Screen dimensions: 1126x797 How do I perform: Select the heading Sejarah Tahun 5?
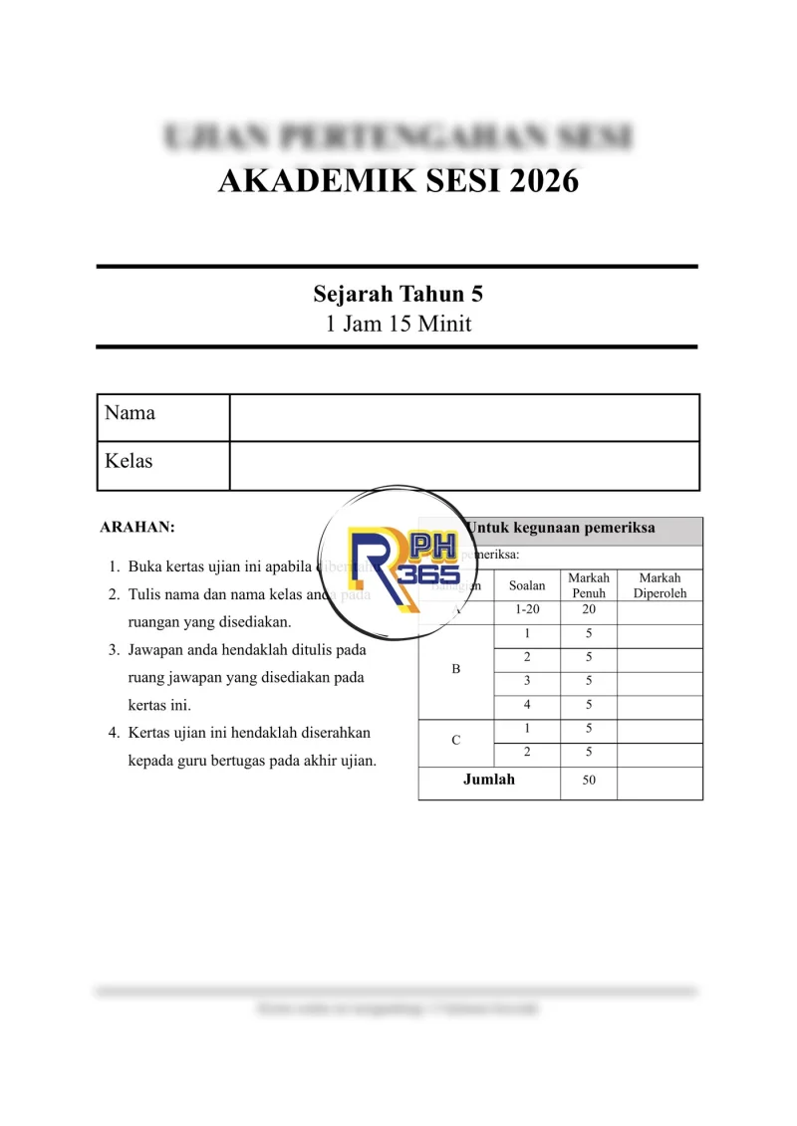[398, 295]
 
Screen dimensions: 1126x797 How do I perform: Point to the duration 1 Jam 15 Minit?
[398, 324]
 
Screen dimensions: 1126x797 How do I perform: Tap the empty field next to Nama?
[464, 417]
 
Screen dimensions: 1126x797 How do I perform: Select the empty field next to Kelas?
[464, 465]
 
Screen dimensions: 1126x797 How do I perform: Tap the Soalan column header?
[527, 585]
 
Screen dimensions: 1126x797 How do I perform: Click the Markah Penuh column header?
[588, 585]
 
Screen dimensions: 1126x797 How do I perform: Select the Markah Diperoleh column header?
[660, 585]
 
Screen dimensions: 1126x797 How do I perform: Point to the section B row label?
[456, 670]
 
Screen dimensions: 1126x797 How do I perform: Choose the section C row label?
[456, 741]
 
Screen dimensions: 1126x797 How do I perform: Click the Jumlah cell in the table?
[489, 780]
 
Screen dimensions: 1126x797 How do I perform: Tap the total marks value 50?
[589, 781]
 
